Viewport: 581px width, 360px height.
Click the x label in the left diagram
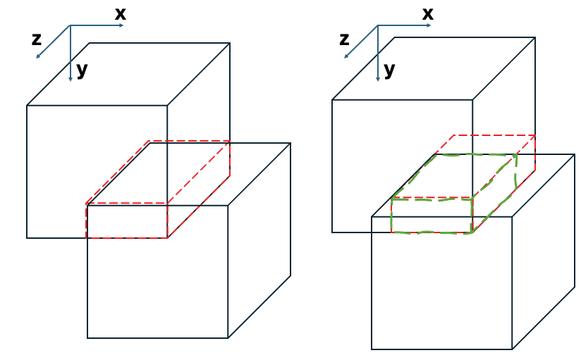120,13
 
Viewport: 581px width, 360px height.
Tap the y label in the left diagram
82,70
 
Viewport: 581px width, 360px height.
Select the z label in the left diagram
37,39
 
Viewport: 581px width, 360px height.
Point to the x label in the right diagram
427,13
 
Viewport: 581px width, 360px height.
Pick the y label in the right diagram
389,70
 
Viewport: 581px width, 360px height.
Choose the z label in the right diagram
344,39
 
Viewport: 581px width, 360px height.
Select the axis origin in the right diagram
378,25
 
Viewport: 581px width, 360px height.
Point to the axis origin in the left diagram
71,25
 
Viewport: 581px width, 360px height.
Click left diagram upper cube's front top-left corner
27,106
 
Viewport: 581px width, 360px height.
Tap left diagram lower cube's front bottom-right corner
228,338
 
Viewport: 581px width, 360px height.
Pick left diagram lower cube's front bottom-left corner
87,338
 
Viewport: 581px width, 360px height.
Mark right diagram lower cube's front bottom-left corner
372,349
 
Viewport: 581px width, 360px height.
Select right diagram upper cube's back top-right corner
535,37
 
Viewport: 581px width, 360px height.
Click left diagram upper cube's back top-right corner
230,43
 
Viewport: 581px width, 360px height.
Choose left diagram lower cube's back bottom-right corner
290,275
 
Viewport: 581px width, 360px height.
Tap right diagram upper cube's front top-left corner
332,99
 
